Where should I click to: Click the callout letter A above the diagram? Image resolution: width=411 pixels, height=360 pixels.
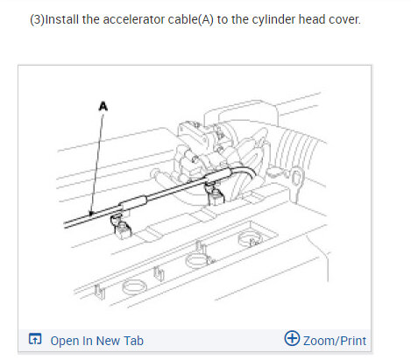pos(103,105)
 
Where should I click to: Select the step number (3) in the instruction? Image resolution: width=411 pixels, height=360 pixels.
pos(39,18)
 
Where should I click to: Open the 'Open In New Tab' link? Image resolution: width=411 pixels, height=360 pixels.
pos(96,340)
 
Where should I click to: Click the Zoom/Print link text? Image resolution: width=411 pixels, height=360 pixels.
pos(334,340)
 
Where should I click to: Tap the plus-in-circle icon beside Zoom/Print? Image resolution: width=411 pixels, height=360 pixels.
pos(293,339)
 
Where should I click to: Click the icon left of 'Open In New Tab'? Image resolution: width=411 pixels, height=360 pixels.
pos(35,340)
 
